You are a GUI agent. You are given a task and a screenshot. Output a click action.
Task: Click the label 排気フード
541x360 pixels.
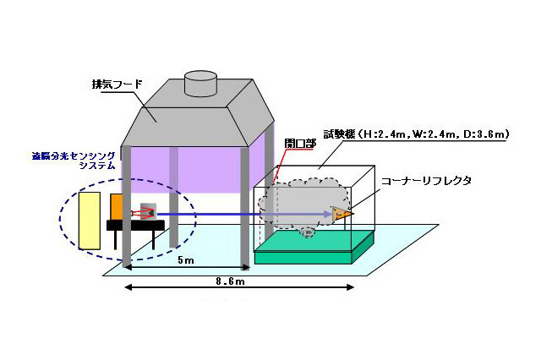(117, 85)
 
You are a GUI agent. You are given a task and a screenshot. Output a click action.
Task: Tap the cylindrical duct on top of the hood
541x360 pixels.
(201, 79)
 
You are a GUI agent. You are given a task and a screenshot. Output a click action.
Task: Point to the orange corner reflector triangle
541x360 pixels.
(342, 215)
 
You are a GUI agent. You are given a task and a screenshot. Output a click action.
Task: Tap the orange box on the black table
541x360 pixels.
(116, 207)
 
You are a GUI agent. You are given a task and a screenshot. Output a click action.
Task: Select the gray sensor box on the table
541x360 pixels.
(150, 211)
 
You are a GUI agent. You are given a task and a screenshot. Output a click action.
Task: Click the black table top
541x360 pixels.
(135, 224)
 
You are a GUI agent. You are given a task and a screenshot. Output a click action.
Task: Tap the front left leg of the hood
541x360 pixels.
(127, 203)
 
